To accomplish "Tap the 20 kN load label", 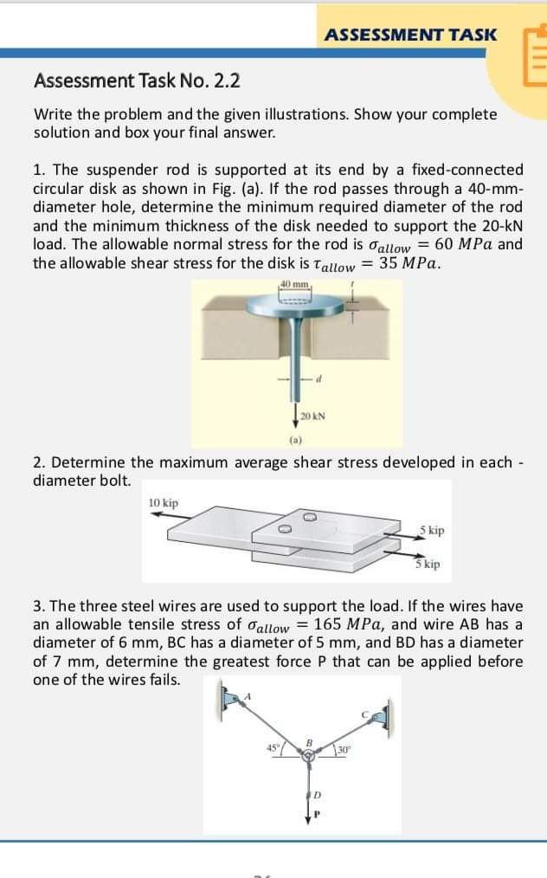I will pyautogui.click(x=312, y=416).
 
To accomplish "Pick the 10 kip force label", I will pyautogui.click(x=164, y=503).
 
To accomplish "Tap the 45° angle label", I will pyautogui.click(x=272, y=746).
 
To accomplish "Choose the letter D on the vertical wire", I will pyautogui.click(x=318, y=796).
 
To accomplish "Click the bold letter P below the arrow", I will pyautogui.click(x=318, y=814).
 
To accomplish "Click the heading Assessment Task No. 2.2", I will pyautogui.click(x=137, y=81).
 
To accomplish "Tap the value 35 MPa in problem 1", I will pyautogui.click(x=409, y=263).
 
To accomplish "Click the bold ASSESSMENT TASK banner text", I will pyautogui.click(x=411, y=35).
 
